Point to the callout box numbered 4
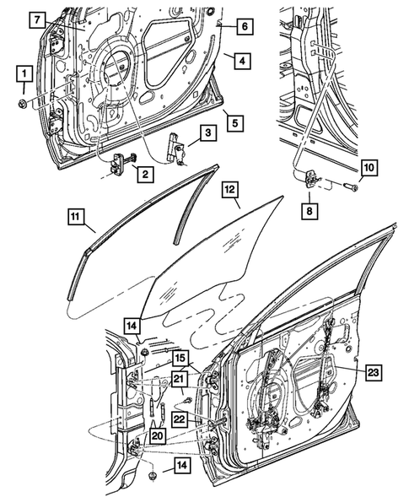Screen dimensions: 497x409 240,60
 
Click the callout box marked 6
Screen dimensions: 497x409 241,27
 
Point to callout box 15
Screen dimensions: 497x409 181,358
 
